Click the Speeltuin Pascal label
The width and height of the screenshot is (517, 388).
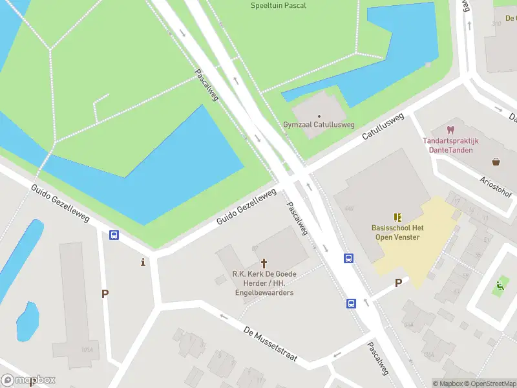[279, 6]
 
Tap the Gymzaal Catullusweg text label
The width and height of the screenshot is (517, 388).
[319, 124]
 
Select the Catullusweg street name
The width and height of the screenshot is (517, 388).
[383, 127]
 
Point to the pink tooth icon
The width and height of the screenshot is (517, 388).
[451, 130]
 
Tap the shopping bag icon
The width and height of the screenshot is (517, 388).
[496, 162]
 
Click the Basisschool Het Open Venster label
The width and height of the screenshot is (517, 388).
[397, 232]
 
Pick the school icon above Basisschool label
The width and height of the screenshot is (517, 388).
[397, 217]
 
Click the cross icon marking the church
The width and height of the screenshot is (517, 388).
[264, 263]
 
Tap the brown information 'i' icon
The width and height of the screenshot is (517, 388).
[143, 261]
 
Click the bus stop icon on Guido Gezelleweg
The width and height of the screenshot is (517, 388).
[114, 235]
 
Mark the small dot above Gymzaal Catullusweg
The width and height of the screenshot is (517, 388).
[319, 116]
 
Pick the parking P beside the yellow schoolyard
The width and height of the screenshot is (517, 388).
[398, 283]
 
